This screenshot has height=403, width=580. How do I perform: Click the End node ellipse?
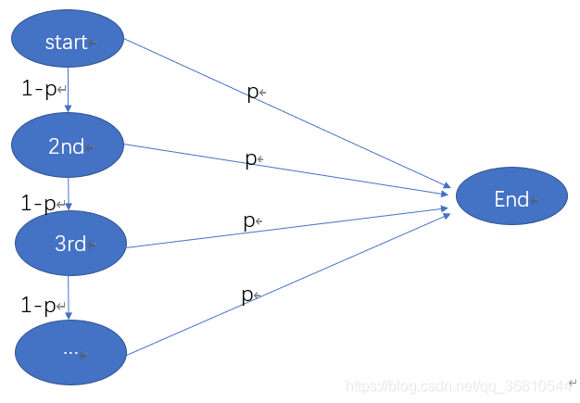(511, 196)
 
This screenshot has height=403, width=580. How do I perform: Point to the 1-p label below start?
(39, 90)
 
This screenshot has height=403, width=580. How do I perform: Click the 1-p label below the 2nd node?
(39, 202)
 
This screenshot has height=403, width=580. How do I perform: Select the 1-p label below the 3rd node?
(39, 305)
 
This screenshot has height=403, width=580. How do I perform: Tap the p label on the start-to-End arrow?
(252, 92)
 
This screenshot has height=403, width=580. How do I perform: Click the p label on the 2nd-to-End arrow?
(250, 158)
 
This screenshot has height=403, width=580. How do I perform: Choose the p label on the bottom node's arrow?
(246, 296)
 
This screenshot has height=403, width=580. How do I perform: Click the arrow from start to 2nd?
(68, 93)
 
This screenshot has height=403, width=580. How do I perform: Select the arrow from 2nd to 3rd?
(68, 195)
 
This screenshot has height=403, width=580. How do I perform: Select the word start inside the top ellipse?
(65, 42)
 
